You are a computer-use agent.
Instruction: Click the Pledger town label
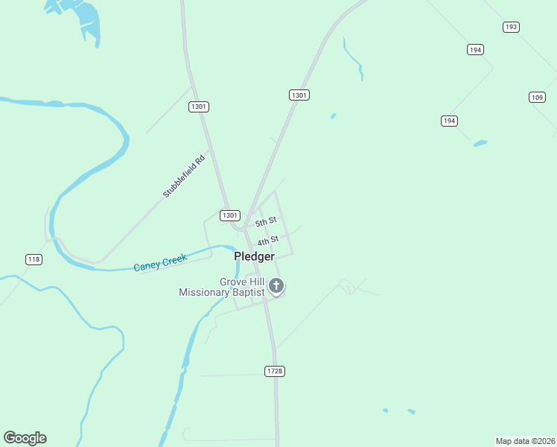254,256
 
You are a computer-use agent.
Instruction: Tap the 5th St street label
266,222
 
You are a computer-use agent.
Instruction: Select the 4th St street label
268,241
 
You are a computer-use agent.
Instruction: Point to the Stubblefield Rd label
184,177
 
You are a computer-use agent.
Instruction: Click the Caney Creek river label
160,263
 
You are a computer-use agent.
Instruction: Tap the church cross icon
276,285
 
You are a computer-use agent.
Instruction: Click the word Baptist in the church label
248,293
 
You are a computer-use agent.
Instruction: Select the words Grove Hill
242,282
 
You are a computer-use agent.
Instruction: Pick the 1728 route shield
275,371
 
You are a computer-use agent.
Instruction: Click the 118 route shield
34,259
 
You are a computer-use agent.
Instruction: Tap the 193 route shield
511,27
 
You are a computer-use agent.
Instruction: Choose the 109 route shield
538,97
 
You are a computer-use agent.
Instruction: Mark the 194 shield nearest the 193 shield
476,49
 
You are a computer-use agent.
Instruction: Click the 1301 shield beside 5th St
230,215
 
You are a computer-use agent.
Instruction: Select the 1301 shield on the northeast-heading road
299,95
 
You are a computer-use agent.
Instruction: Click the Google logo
25,438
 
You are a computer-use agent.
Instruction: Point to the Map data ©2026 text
525,440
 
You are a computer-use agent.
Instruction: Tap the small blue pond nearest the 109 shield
480,142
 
